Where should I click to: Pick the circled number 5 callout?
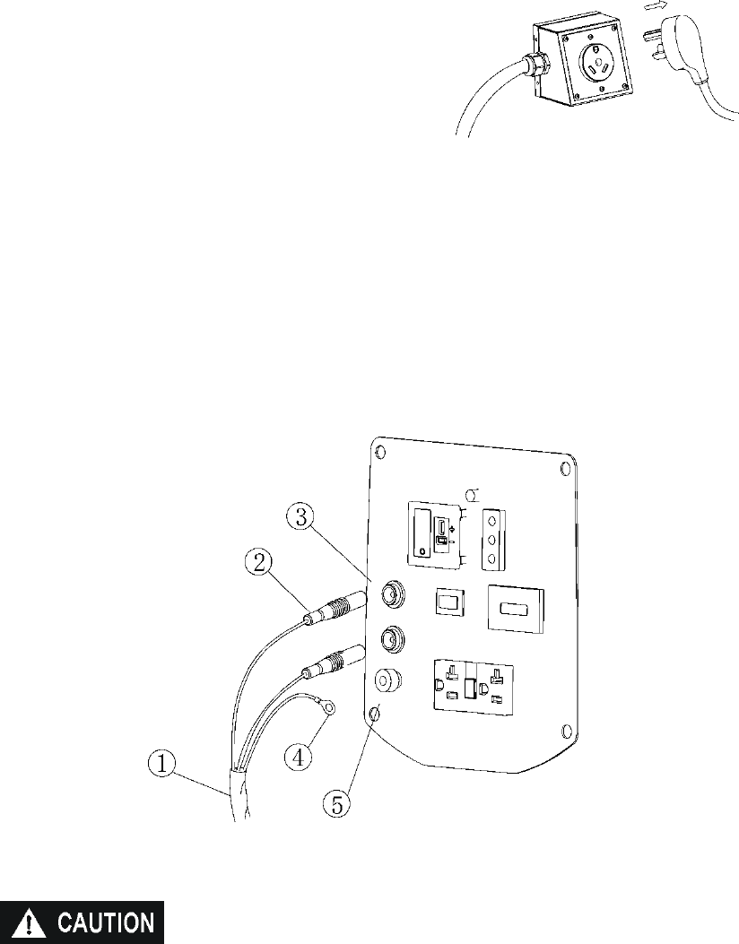[336, 802]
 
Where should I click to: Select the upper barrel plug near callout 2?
[336, 608]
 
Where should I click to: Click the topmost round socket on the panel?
[391, 593]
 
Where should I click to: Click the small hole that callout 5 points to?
[375, 713]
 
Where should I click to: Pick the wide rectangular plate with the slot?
[514, 610]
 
